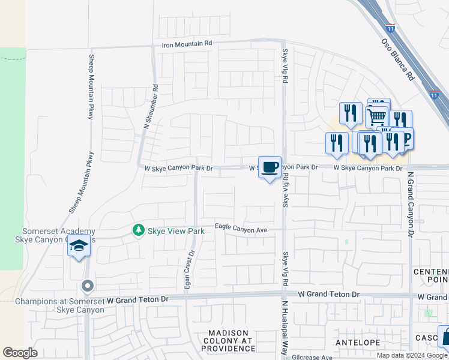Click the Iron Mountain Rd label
[187, 44]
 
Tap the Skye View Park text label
[173, 230]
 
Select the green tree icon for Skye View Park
[139, 230]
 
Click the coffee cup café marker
[270, 167]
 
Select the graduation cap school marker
[79, 246]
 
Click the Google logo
[20, 353]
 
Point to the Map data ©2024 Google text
[411, 355]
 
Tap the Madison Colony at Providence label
[231, 340]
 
